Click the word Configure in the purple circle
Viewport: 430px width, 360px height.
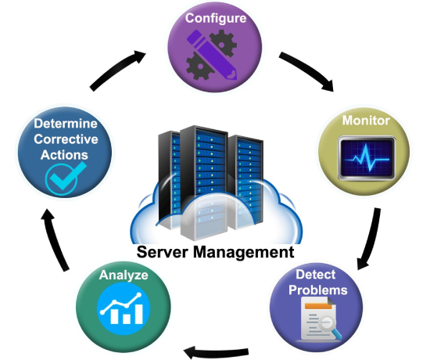[216, 19]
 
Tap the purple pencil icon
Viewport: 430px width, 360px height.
[212, 54]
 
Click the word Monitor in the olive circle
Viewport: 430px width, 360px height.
[366, 121]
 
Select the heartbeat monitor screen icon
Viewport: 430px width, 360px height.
[367, 158]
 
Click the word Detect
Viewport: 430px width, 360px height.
[315, 275]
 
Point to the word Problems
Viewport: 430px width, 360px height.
[318, 290]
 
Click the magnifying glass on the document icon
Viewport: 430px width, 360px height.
[330, 326]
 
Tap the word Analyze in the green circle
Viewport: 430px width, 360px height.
[124, 275]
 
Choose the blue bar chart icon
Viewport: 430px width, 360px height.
[124, 308]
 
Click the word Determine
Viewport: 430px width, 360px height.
[66, 124]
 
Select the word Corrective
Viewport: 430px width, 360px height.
[66, 139]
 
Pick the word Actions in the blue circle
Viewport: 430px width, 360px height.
[64, 155]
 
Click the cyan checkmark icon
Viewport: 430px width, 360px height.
[65, 178]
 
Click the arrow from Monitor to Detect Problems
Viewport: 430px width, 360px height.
[371, 239]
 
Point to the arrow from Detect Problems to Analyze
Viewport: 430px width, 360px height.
[217, 352]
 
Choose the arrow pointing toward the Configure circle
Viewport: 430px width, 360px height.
[117, 69]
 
